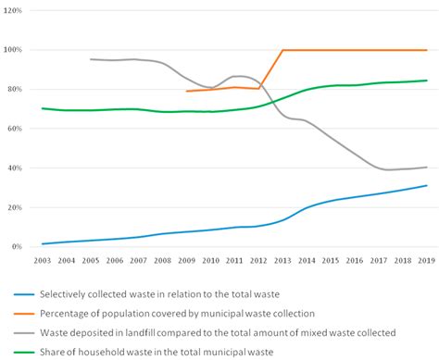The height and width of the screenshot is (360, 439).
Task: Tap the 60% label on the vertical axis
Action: (x=15, y=129)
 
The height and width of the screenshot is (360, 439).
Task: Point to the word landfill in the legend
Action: (x=182, y=330)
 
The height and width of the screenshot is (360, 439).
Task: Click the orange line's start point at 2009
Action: (x=187, y=91)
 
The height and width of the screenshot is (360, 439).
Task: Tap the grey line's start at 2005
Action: (x=91, y=59)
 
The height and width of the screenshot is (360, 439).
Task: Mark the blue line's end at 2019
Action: (x=426, y=186)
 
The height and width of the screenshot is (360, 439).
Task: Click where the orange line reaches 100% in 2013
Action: (x=282, y=50)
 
